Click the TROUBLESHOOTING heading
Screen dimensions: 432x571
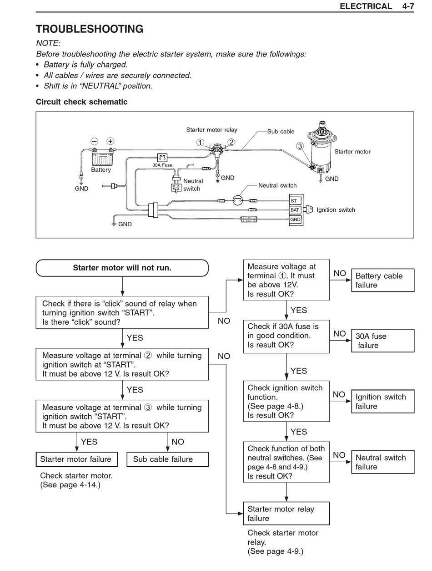pos(90,29)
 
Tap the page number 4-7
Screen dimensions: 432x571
pos(408,6)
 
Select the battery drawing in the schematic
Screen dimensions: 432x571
pos(103,158)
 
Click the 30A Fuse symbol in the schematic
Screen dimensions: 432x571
pos(162,157)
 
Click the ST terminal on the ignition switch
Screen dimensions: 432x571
pos(296,200)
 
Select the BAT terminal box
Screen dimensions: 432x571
pos(296,210)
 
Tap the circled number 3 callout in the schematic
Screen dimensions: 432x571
pos(300,146)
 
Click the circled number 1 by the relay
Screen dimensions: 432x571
pos(200,143)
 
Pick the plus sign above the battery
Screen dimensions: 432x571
pos(111,141)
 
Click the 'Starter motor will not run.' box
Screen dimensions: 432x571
pos(122,268)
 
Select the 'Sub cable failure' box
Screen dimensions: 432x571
pos(167,459)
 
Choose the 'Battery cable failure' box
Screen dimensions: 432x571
pos(382,280)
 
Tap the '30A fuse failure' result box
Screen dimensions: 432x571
pos(382,341)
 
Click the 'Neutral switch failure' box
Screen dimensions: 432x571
pos(382,462)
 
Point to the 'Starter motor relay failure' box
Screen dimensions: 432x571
pos(286,514)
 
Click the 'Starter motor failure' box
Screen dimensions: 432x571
pos(77,459)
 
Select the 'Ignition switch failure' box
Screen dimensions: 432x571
pos(382,402)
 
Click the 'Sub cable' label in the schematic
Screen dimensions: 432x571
pos(281,132)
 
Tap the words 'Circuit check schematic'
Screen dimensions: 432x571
pos(81,102)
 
